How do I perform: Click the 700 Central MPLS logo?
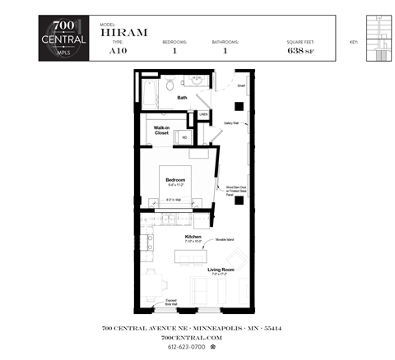63,39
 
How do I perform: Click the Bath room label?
182,98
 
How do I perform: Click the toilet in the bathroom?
171,85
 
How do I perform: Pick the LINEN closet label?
203,114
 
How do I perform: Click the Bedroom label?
174,180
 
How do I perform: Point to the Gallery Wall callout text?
231,123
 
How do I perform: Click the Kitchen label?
193,237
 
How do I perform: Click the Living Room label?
221,270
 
